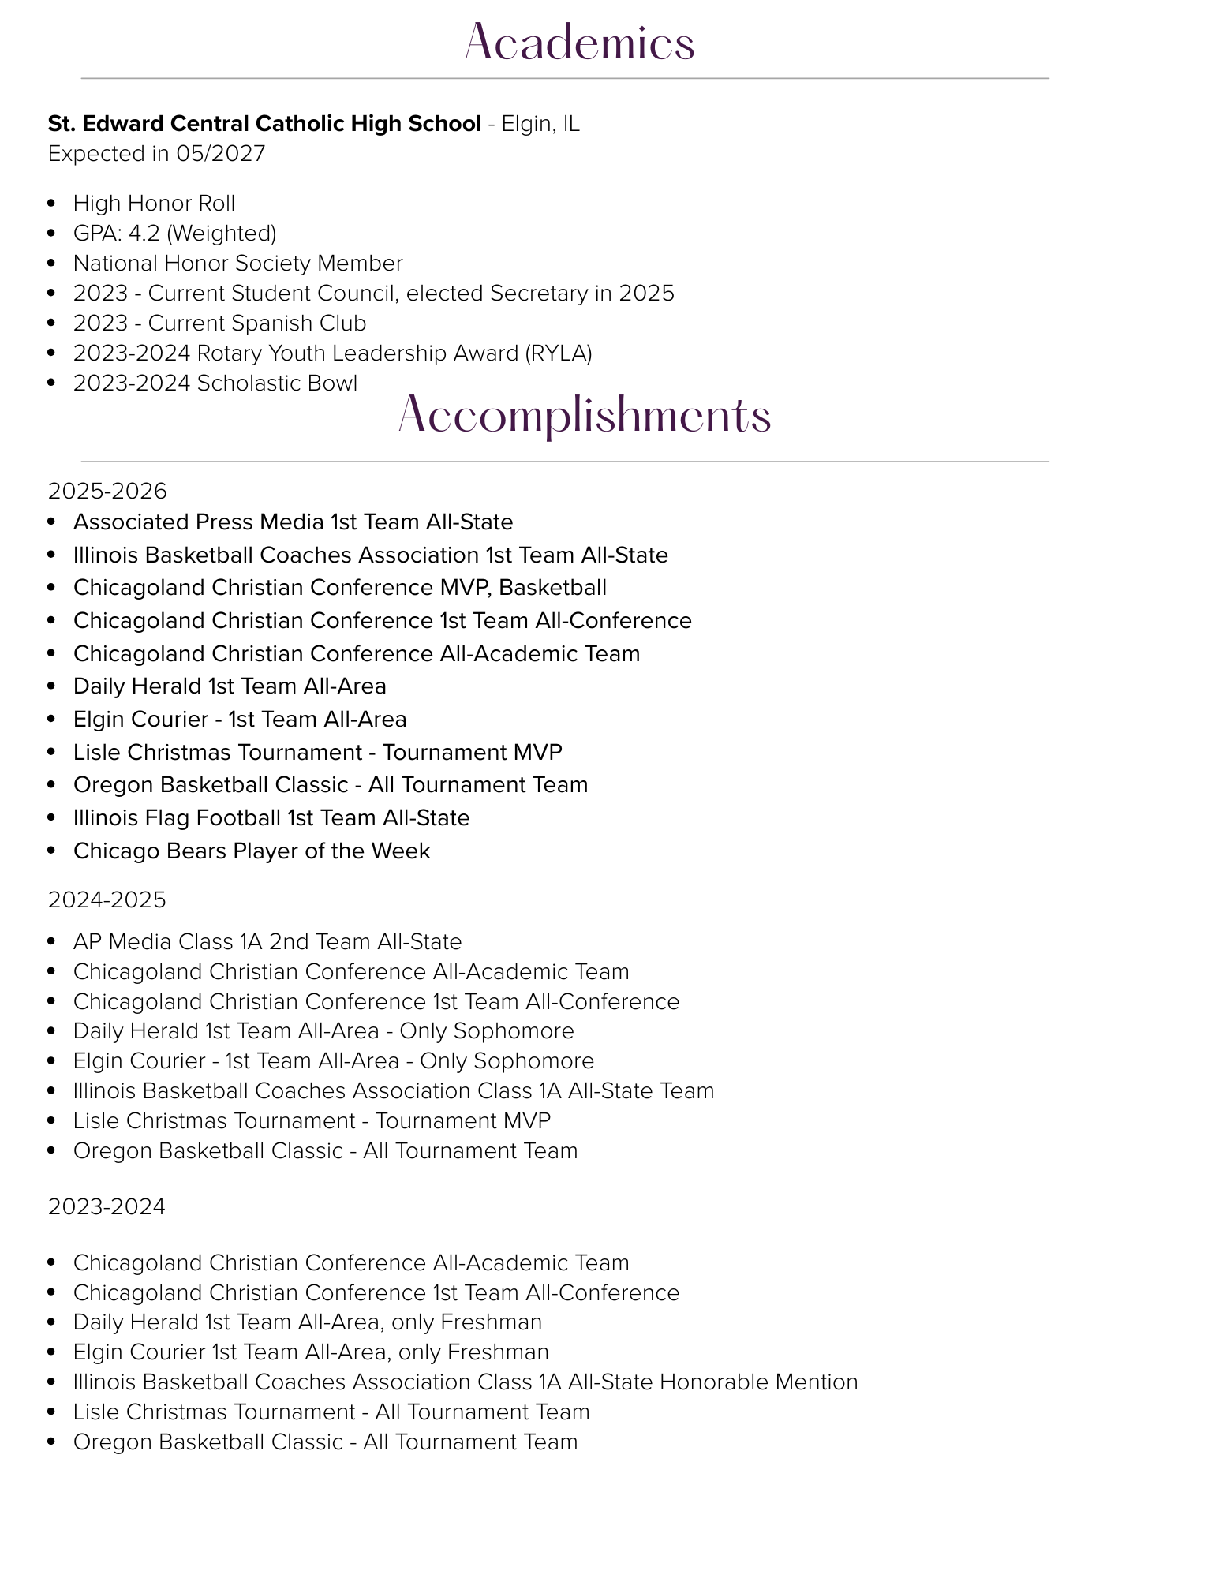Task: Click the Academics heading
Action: [579, 43]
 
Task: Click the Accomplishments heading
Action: [585, 416]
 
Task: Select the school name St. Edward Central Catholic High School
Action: [264, 124]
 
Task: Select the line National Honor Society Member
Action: [237, 264]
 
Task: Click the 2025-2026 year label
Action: [107, 492]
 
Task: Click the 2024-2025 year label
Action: [107, 899]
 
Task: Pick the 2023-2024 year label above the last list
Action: [107, 1207]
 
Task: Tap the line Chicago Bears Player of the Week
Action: [252, 851]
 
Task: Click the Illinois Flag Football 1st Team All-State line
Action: [271, 818]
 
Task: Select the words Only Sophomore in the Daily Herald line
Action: [487, 1031]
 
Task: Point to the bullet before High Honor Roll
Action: [52, 204]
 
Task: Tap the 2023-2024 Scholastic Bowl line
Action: [215, 383]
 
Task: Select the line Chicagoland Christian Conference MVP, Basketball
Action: [339, 588]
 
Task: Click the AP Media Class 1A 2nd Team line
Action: [267, 942]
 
